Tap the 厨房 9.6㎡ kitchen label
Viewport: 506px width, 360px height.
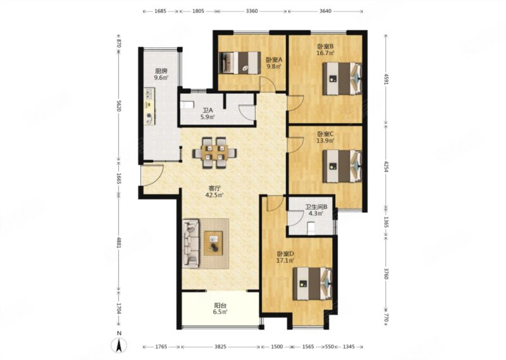pos(161,74)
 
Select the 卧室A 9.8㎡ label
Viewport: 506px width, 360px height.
pos(274,63)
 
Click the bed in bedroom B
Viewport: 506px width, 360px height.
pos(342,78)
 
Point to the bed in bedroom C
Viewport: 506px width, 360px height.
pos(342,166)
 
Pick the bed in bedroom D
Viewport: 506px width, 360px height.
pos(312,284)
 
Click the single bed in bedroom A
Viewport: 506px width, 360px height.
pos(240,63)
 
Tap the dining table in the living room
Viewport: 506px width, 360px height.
pos(214,152)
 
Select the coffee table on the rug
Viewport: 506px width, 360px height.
pos(213,243)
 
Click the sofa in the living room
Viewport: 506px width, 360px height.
pos(190,244)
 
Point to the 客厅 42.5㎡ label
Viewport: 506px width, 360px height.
pos(214,192)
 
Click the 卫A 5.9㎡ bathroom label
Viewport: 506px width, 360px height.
pos(207,114)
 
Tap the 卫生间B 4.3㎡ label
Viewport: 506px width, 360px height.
pos(317,210)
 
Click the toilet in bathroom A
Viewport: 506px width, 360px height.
pos(187,104)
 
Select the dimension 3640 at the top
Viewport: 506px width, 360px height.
pos(325,11)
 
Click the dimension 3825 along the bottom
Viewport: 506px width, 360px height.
pos(220,347)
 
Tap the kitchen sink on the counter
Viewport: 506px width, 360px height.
pos(149,94)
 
